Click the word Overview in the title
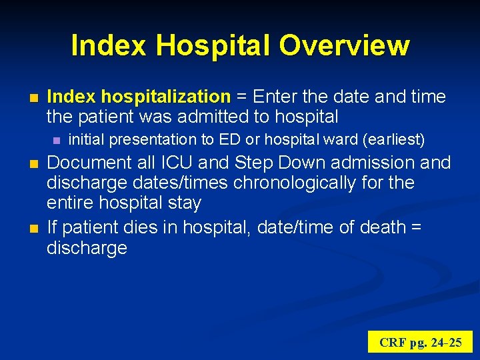(x=344, y=45)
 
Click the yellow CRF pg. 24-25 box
(x=420, y=342)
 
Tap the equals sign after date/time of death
(x=416, y=227)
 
